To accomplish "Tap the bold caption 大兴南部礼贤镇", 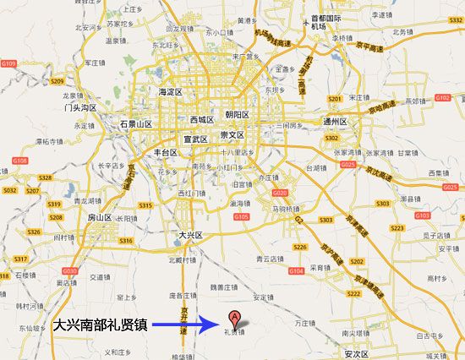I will coord(101,324).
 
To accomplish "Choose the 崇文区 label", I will coord(232,135).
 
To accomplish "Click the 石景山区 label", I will coord(135,124).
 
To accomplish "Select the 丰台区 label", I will coord(164,153).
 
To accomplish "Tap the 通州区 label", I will coord(342,122).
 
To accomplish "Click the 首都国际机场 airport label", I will coord(325,22).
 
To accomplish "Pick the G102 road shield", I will coord(442,98).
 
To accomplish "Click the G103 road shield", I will coord(421,215).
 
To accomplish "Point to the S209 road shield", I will coord(57,81).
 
